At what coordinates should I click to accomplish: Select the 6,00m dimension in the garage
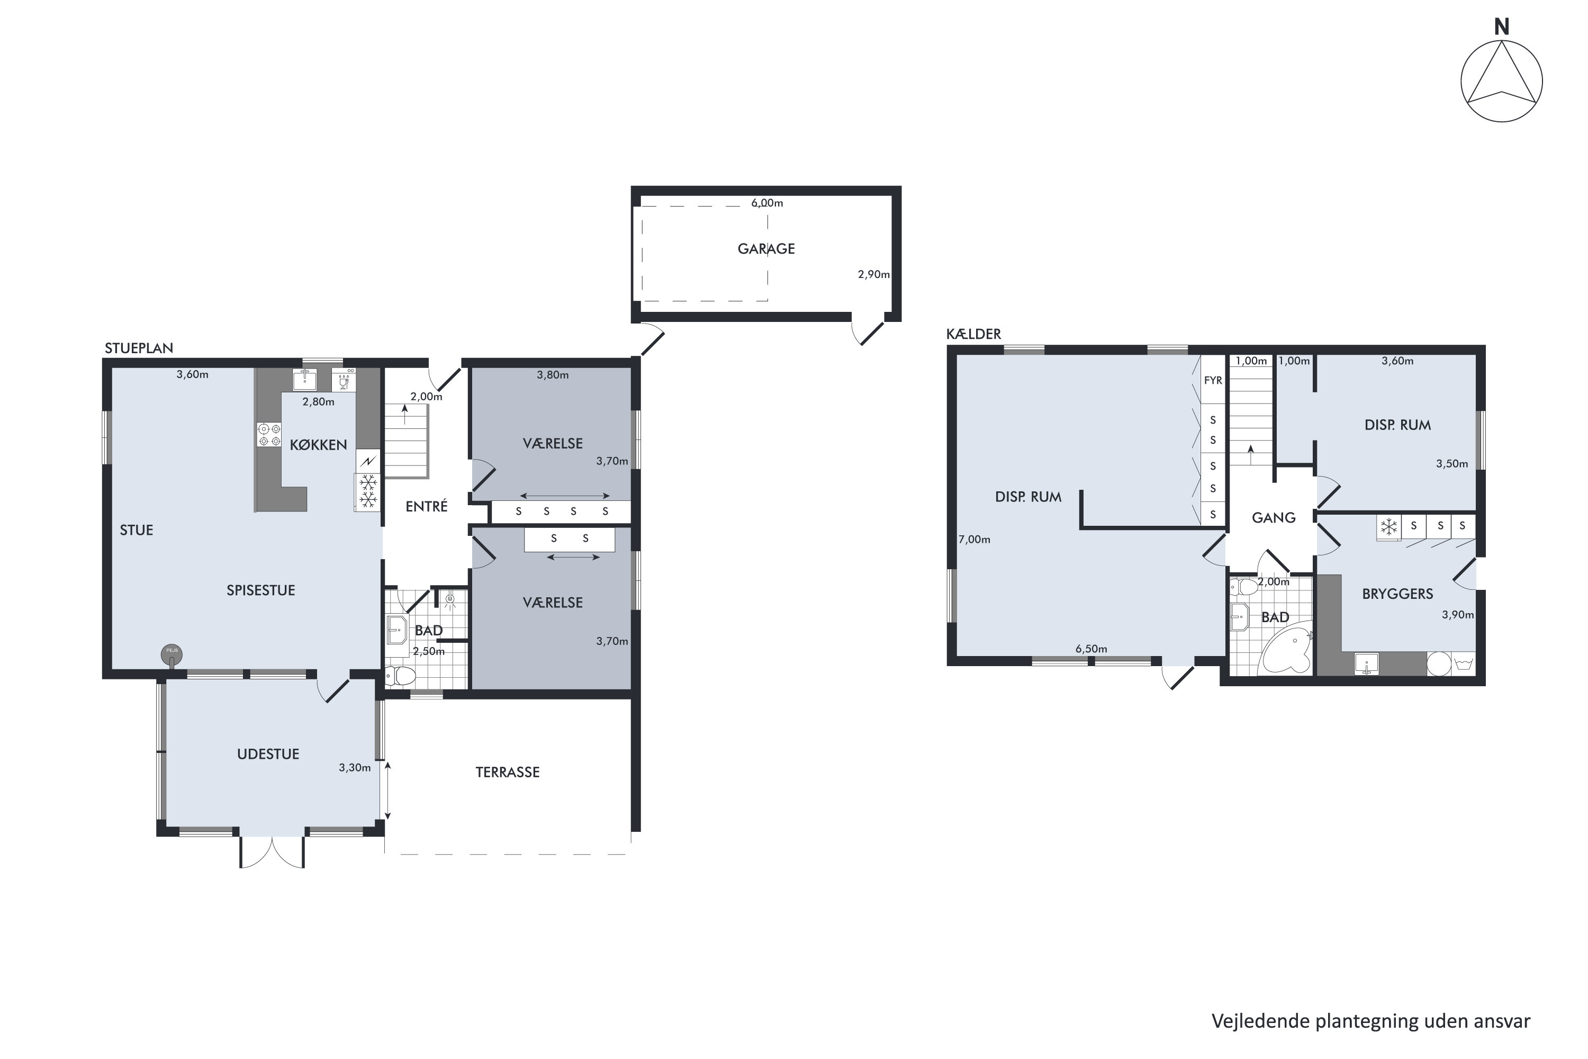767,203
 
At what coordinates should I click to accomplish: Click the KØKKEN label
318,444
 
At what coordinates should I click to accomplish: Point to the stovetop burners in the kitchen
269,434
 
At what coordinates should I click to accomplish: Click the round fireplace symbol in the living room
172,654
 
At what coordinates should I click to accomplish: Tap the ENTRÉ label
426,507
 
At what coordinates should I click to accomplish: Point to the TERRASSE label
507,773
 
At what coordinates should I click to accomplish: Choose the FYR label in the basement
1213,381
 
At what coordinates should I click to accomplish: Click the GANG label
1274,518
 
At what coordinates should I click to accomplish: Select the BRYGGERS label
1397,594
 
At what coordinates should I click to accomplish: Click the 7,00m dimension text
975,540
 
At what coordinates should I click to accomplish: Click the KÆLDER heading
973,334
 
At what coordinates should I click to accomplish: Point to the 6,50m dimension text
1091,650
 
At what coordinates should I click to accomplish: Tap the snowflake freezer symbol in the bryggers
1389,527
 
